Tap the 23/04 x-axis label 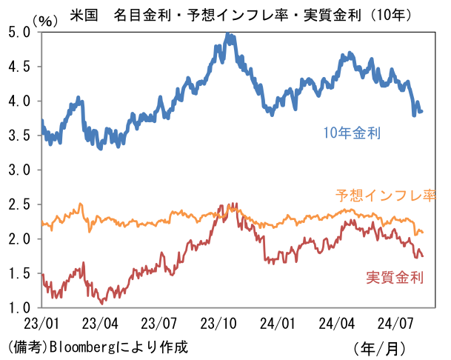pos(99,324)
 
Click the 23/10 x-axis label pos(218,324)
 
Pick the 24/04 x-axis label pos(335,324)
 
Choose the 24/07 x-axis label pos(395,324)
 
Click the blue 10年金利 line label pos(352,134)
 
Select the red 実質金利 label pos(395,278)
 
